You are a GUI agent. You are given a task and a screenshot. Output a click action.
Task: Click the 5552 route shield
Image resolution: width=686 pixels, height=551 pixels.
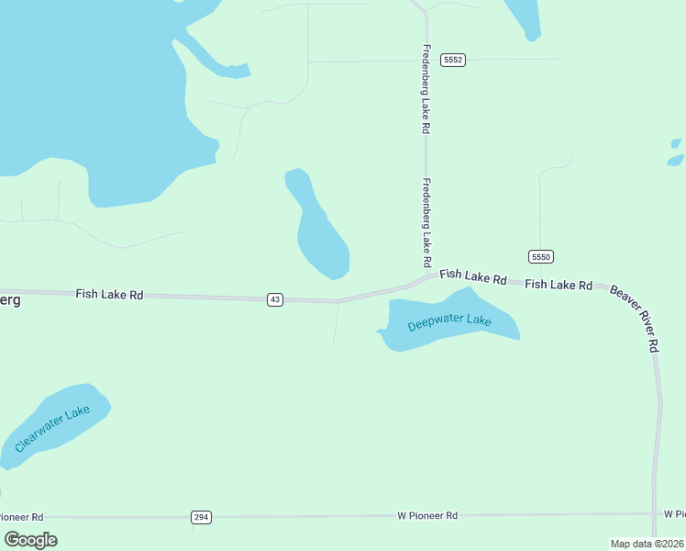[x=453, y=60]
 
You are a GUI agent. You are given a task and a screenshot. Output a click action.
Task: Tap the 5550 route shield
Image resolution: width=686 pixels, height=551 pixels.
[x=541, y=256]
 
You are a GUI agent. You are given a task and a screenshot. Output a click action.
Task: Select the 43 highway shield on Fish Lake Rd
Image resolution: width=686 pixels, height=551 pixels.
[x=275, y=299]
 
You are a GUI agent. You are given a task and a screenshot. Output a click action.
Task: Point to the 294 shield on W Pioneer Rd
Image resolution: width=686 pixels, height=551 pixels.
[x=202, y=518]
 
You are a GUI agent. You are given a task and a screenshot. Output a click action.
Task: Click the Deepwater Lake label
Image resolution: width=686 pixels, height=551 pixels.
[x=449, y=322]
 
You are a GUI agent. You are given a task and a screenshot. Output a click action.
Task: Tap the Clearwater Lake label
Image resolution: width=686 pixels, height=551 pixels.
[x=52, y=428]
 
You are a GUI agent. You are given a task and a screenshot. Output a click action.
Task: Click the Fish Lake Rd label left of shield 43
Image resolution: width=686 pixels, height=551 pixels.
[x=109, y=295]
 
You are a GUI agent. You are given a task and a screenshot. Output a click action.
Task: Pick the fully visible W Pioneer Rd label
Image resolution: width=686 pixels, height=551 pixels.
[x=427, y=516]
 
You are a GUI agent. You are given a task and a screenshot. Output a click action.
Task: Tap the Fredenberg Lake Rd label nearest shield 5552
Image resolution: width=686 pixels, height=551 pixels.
[x=426, y=90]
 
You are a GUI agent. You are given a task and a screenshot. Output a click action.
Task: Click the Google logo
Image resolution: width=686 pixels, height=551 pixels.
[x=30, y=540]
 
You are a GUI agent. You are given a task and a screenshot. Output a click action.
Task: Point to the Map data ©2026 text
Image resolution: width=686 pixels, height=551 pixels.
[x=647, y=544]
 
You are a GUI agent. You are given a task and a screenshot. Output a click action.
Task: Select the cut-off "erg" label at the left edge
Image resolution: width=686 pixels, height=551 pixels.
[x=9, y=300]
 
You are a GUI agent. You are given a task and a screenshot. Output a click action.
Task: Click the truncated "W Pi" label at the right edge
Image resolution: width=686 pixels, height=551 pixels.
[x=674, y=512]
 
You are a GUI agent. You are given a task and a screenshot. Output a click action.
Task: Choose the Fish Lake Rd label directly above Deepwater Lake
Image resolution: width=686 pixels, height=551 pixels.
[x=473, y=276]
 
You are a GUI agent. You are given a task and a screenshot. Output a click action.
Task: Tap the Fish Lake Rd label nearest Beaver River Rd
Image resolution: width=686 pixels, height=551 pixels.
[x=559, y=285]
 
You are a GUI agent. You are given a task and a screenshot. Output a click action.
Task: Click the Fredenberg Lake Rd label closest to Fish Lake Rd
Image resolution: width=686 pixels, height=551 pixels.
[x=426, y=218]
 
